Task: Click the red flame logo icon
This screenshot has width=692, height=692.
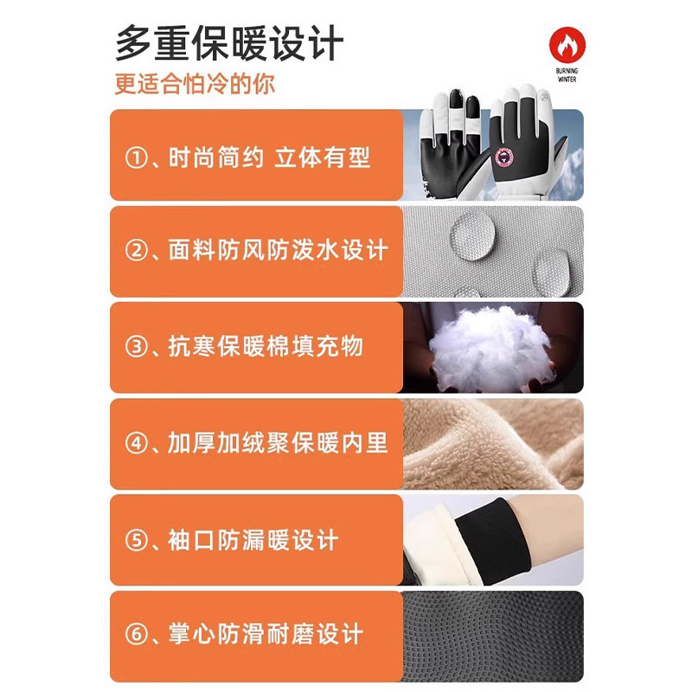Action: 567,46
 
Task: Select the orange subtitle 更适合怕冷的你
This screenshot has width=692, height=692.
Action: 195,86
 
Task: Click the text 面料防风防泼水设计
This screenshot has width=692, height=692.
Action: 278,252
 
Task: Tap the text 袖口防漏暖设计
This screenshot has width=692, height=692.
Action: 253,541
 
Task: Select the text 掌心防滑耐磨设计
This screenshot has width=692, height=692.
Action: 265,636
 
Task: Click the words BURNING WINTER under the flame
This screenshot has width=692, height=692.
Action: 567,75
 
